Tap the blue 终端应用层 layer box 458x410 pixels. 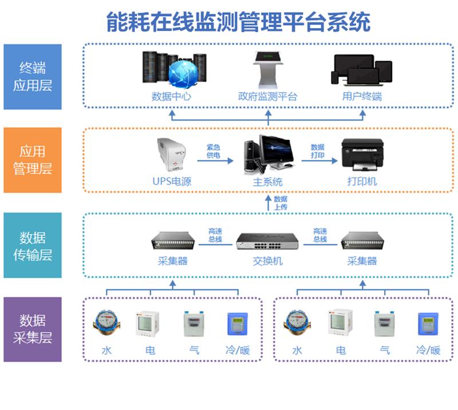tap(33, 77)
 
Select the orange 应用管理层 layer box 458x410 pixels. tap(33, 160)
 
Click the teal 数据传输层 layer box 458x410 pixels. tap(33, 245)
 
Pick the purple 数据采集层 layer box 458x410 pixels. tap(33, 329)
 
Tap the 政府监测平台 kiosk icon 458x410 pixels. tap(268, 69)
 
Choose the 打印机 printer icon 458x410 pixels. tap(362, 154)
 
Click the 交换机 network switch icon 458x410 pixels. tap(268, 243)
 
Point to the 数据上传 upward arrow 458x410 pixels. tap(269, 203)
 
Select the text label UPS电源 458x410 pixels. tap(172, 182)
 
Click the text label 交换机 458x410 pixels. tap(268, 261)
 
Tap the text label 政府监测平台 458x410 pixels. tap(268, 96)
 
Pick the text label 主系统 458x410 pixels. tap(268, 182)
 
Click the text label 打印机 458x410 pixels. tap(362, 182)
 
